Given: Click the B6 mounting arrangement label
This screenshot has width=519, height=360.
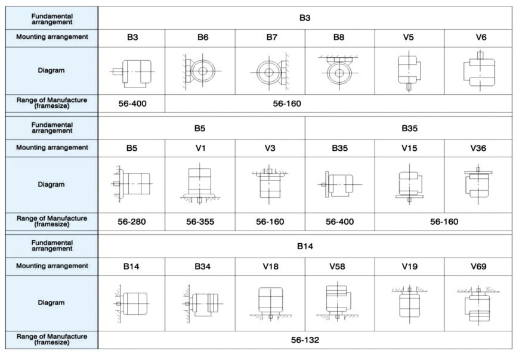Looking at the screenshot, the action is (x=203, y=37).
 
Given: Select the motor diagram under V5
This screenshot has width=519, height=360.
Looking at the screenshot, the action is (x=409, y=72).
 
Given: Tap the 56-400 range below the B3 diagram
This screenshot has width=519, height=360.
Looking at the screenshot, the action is (x=132, y=104).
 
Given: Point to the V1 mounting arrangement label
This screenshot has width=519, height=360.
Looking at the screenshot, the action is (x=200, y=148).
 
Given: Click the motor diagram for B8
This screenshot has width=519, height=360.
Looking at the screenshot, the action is (x=339, y=72).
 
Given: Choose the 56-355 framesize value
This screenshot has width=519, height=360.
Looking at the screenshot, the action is (x=200, y=222).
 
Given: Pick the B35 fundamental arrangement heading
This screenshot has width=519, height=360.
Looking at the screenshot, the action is (x=409, y=128).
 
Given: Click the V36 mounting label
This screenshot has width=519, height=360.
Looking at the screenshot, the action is (x=478, y=148).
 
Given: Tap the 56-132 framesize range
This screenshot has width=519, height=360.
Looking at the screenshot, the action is (x=305, y=340).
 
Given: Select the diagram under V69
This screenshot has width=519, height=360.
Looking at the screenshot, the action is (x=478, y=304).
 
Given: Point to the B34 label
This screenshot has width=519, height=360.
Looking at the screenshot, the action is (x=203, y=266).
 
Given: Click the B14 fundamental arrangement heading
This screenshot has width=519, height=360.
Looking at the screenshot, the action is (x=305, y=246).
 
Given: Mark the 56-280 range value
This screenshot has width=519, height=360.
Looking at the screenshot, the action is (x=132, y=222).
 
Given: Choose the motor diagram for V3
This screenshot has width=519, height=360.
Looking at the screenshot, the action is (x=270, y=184).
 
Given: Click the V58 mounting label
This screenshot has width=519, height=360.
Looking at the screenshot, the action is (x=337, y=266).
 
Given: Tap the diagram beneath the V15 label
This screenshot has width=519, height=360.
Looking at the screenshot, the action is (x=409, y=184).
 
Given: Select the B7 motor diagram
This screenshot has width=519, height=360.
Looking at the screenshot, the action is (x=270, y=72).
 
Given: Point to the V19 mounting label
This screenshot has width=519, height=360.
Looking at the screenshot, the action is (x=409, y=266).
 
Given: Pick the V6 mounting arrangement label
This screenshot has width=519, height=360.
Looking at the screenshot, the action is (x=481, y=37).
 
